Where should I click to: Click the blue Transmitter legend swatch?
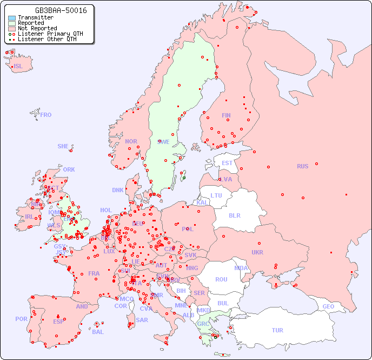12,17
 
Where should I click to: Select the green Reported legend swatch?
12,23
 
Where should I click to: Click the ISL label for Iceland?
18,67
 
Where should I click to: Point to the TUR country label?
277,330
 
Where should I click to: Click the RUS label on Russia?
302,166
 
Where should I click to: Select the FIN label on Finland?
226,115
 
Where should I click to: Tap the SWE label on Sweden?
163,142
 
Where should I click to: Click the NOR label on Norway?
131,141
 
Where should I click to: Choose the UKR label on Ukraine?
257,252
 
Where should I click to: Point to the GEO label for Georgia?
328,306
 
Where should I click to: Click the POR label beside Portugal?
21,319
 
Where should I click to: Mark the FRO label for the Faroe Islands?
46,115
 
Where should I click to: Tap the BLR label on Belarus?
234,215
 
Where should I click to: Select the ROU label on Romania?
221,279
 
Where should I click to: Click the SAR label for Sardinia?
142,320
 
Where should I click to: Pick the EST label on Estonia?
227,163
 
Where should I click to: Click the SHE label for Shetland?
63,146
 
